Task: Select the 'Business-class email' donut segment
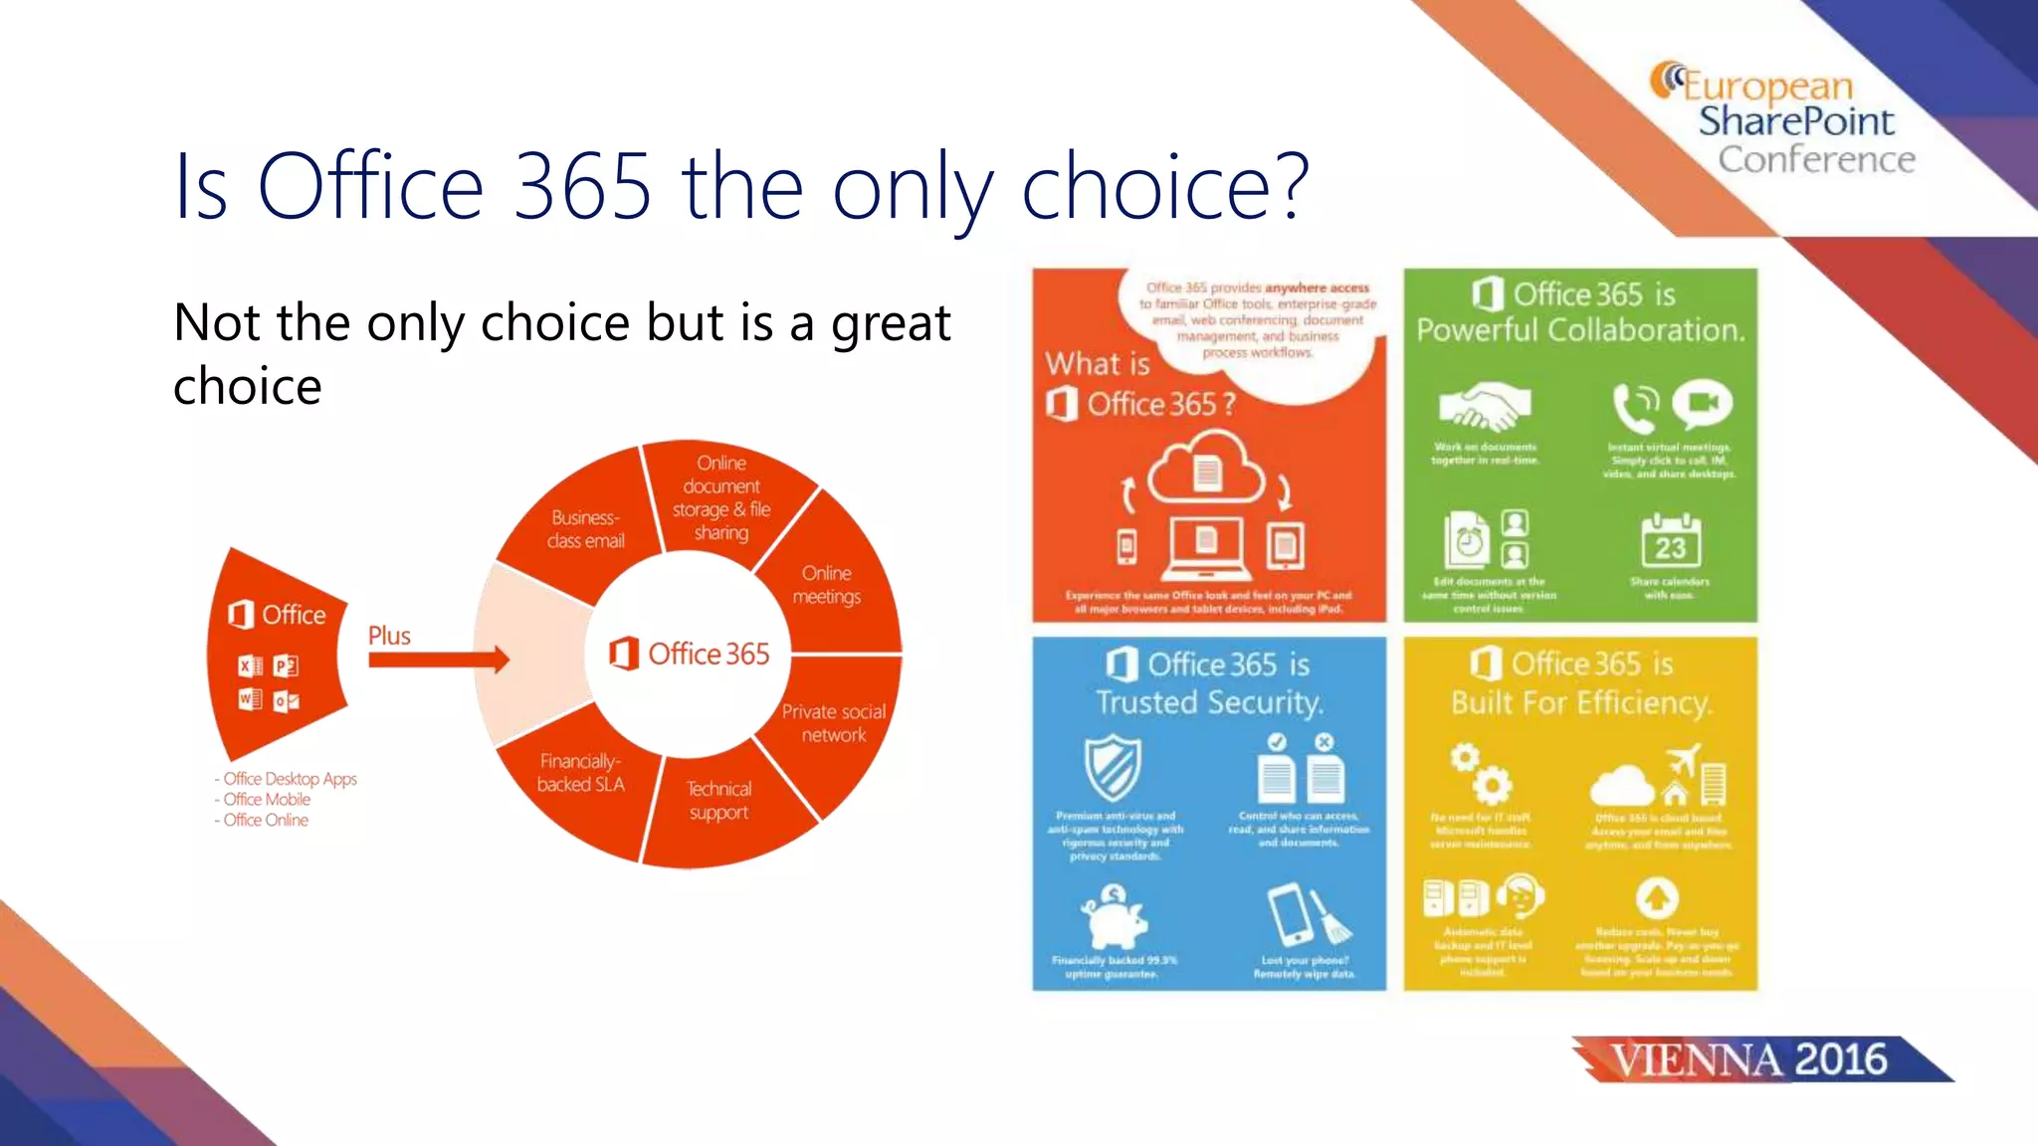tap(585, 529)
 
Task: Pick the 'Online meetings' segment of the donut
tap(827, 585)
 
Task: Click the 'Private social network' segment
tap(833, 723)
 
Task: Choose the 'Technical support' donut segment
tap(718, 801)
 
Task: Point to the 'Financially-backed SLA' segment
tap(581, 773)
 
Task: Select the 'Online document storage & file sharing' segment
tap(721, 497)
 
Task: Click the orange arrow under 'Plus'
tap(438, 659)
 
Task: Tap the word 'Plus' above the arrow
tap(389, 636)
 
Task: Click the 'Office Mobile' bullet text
tap(267, 800)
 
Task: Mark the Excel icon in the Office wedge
tap(250, 667)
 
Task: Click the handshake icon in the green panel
tap(1485, 406)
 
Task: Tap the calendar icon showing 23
tap(1671, 542)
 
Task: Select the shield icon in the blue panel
tap(1112, 767)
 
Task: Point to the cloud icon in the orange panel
tap(1206, 468)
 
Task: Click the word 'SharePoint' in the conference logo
tap(1795, 121)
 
